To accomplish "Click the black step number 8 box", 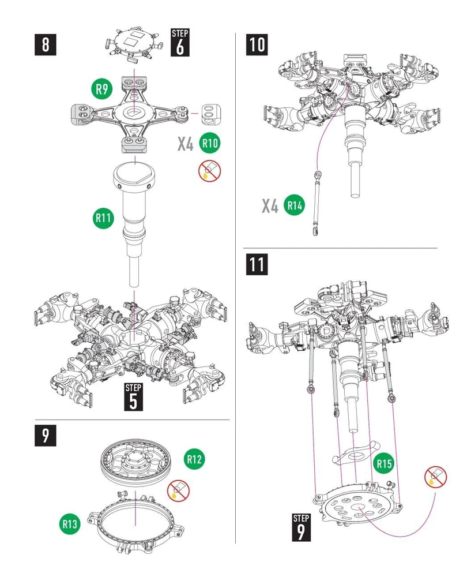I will [46, 44].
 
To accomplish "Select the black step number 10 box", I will [257, 44].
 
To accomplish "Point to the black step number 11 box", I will [257, 264].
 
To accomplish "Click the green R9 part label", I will [102, 89].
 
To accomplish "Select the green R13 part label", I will [70, 524].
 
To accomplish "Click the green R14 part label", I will [293, 206].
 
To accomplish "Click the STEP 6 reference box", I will [180, 42].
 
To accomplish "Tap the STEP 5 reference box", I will [133, 396].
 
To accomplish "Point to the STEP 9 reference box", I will [300, 526].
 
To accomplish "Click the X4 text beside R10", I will [184, 143].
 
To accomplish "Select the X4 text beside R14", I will [270, 206].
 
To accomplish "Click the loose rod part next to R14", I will [316, 202].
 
